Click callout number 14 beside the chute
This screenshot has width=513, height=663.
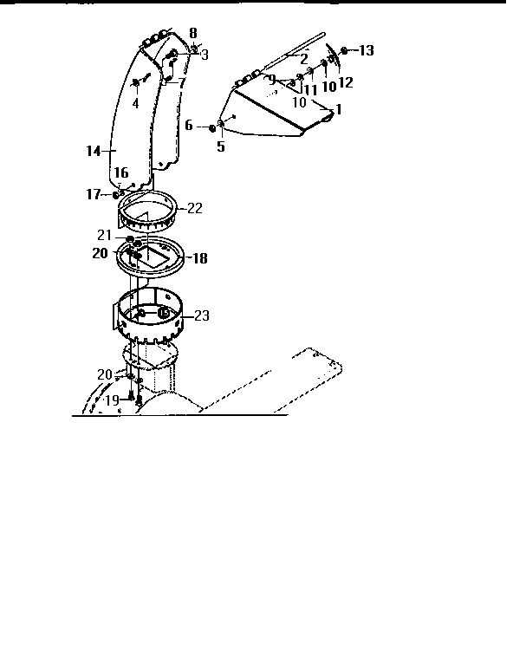[x=94, y=151]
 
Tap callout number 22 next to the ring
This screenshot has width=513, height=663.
[x=194, y=208]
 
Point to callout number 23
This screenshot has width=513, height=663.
[x=201, y=316]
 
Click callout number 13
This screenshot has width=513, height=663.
[x=366, y=51]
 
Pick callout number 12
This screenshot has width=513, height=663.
[x=345, y=82]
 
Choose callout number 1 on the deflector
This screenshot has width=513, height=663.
[x=338, y=109]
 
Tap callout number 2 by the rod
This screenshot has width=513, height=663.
[x=304, y=58]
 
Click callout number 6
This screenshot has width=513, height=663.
[x=189, y=127]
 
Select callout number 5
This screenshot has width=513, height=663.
[x=220, y=146]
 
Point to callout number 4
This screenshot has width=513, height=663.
[x=134, y=103]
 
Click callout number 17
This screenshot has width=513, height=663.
[x=93, y=194]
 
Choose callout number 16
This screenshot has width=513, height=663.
[x=121, y=173]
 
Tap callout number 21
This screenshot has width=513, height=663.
[x=104, y=235]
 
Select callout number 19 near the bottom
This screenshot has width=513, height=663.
[x=112, y=400]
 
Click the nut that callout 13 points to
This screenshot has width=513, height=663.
[x=345, y=51]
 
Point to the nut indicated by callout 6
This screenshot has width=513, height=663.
[x=211, y=128]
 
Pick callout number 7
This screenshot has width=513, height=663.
[x=181, y=83]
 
